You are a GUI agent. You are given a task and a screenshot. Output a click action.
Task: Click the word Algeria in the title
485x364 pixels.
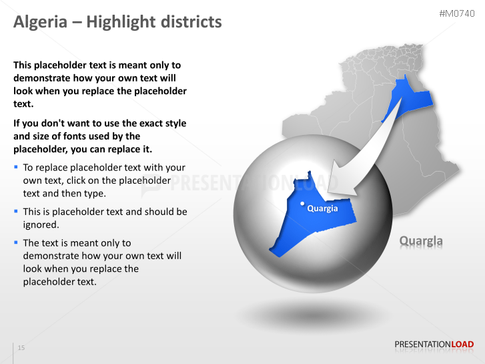[41, 22]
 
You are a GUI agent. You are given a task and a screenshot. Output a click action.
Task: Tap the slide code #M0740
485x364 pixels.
[457, 13]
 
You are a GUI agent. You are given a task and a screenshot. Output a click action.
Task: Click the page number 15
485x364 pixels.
[21, 348]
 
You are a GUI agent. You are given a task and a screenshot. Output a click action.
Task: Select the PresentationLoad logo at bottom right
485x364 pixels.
[434, 345]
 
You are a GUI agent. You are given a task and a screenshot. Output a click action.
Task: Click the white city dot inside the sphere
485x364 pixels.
[302, 203]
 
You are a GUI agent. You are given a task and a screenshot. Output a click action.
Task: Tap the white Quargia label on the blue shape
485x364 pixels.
[322, 208]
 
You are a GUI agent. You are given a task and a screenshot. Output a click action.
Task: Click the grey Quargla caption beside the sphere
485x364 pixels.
[420, 241]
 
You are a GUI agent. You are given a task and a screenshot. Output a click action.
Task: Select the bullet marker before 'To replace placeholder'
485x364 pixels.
[16, 167]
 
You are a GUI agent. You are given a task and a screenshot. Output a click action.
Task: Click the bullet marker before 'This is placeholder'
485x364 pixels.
[16, 211]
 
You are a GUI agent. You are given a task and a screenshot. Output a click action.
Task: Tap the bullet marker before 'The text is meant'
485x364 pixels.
[16, 242]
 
